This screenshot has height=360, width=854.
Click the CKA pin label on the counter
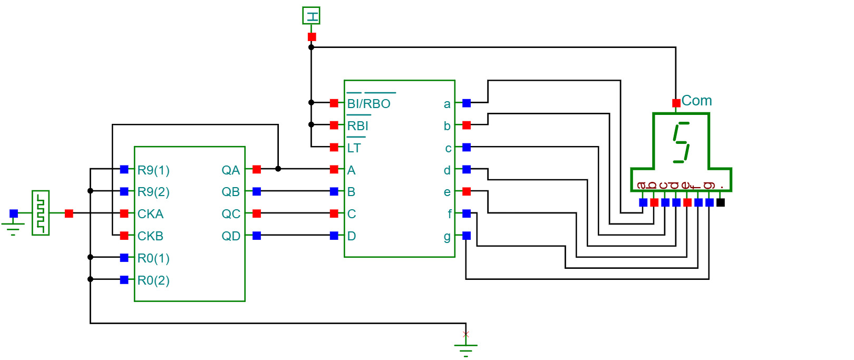(150, 214)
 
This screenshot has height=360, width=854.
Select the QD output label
(231, 236)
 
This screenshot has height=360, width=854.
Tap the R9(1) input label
(153, 170)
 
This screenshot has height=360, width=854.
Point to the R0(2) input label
(153, 280)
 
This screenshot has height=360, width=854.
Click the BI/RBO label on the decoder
(368, 104)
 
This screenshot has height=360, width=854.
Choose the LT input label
(354, 148)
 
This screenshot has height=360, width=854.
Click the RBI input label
(357, 126)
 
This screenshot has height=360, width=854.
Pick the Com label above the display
(696, 101)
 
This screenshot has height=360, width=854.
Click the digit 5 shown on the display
(681, 142)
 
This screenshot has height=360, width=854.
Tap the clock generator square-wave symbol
(41, 213)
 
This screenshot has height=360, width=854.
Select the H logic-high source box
(311, 16)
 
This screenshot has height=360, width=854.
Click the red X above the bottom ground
(465, 335)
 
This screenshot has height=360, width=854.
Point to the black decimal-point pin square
(720, 202)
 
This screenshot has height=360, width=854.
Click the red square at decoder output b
(466, 125)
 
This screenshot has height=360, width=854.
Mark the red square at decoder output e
(466, 191)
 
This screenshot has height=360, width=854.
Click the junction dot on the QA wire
(278, 169)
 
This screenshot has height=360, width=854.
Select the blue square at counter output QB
(257, 191)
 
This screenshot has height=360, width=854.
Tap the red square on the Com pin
(676, 103)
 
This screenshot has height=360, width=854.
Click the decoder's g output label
(447, 237)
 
